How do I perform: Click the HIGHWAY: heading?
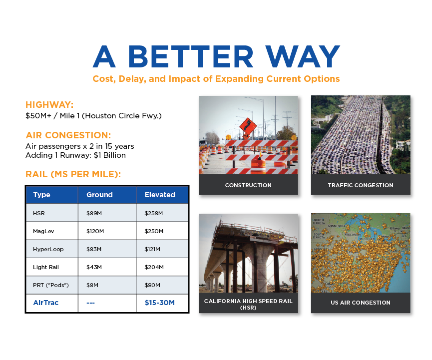click(x=49, y=105)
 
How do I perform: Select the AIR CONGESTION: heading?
click(x=68, y=135)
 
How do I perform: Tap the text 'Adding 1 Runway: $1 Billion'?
click(x=75, y=155)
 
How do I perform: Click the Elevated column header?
click(x=160, y=195)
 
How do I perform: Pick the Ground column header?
click(x=99, y=195)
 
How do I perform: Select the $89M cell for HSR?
click(x=94, y=213)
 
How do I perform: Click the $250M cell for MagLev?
click(x=154, y=231)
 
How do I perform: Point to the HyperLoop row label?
click(x=48, y=249)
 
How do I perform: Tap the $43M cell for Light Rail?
click(x=94, y=267)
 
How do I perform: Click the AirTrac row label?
click(x=46, y=303)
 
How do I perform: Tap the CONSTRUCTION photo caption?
click(x=248, y=185)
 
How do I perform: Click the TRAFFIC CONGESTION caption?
click(x=360, y=185)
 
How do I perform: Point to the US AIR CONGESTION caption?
click(x=360, y=303)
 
